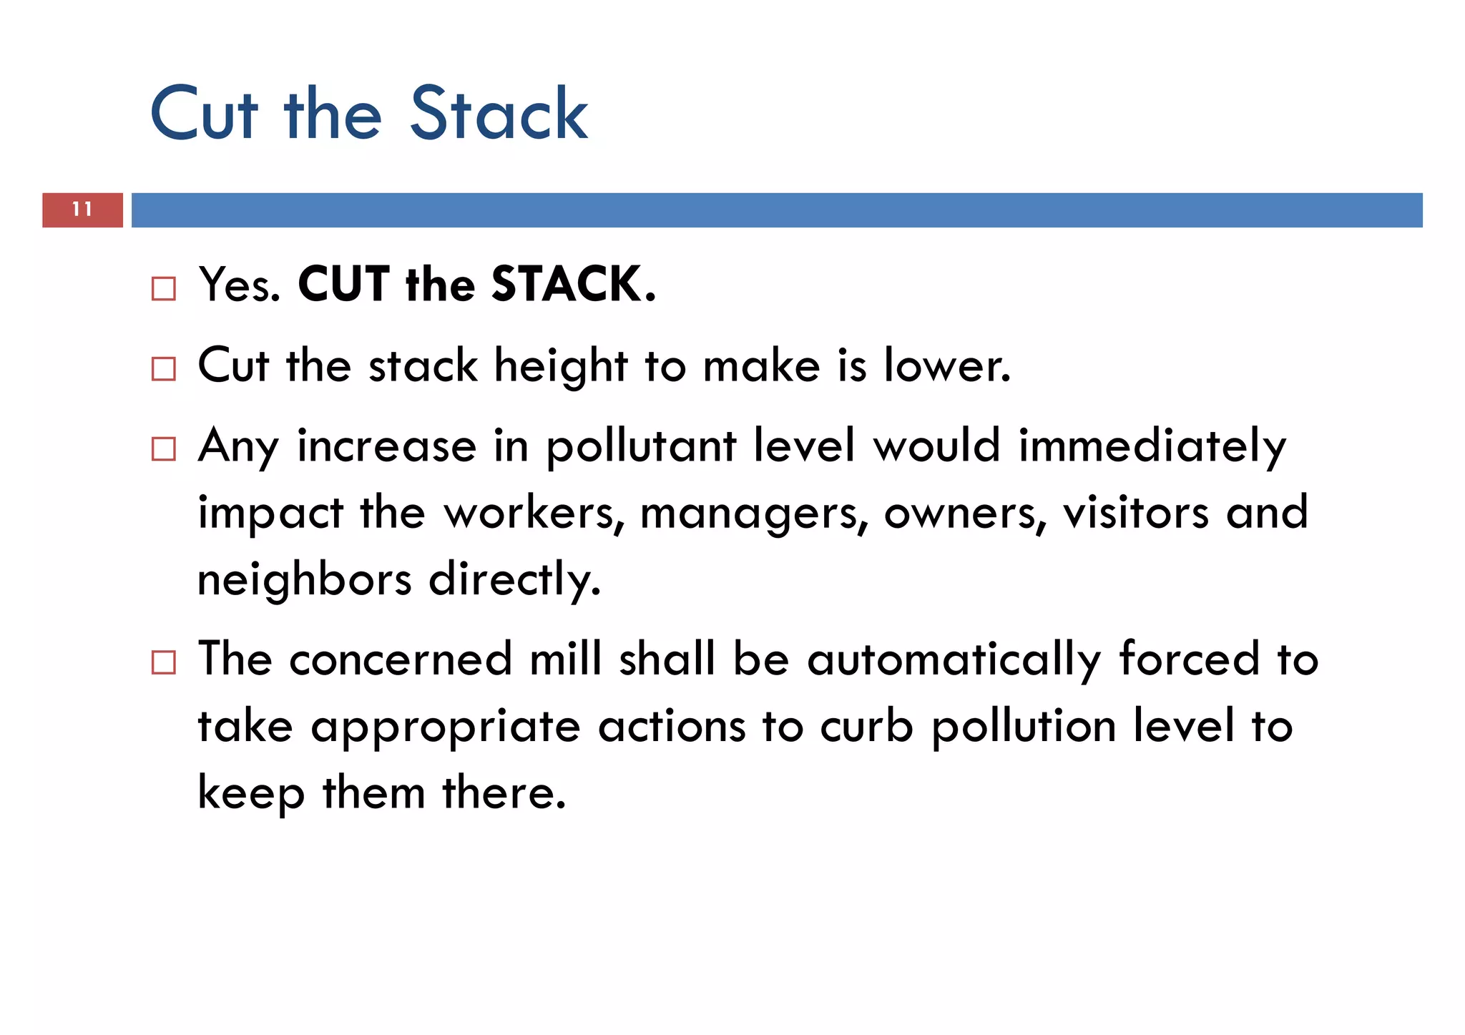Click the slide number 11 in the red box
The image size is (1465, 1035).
(82, 210)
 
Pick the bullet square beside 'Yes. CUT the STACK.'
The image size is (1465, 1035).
(164, 288)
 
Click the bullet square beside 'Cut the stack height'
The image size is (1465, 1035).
(164, 369)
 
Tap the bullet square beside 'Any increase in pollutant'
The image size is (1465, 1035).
(164, 449)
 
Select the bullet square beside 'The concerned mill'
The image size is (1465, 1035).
(164, 662)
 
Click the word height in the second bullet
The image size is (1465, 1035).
(560, 366)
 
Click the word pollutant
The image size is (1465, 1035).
(641, 447)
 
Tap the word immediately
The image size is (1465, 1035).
(1152, 447)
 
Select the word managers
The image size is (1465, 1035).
(753, 514)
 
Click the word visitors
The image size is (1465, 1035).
(1135, 512)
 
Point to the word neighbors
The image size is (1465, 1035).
(304, 579)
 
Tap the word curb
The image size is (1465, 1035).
(866, 727)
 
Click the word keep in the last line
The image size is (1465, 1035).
(250, 794)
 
